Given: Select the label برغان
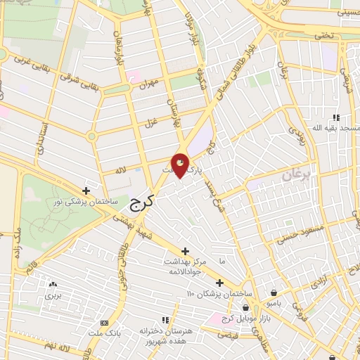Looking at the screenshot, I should pos(296,175).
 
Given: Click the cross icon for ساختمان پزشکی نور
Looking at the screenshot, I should pos(86,191).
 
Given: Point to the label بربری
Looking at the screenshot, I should pos(54,295).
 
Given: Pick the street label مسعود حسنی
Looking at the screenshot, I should pos(304,235).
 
